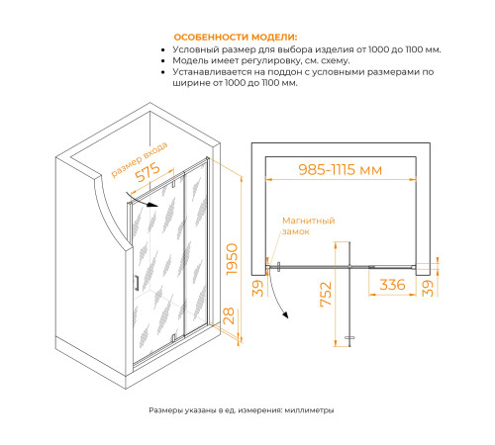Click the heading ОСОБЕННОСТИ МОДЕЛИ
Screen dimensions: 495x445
point(236,37)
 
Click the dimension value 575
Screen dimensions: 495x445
point(148,172)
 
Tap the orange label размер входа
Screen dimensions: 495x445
point(140,159)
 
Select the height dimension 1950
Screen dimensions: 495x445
point(232,259)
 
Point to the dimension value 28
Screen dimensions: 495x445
point(229,315)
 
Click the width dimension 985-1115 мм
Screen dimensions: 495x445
point(341,170)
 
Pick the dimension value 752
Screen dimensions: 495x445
point(326,294)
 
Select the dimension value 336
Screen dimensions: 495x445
point(392,285)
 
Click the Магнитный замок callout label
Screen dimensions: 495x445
point(309,225)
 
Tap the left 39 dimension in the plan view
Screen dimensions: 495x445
point(258,289)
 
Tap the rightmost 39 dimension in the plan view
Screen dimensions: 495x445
point(428,288)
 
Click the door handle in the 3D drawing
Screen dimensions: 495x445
point(137,283)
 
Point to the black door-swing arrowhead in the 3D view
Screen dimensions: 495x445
point(152,205)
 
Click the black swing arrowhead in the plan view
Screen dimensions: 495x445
point(285,314)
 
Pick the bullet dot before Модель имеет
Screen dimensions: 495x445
point(162,61)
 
